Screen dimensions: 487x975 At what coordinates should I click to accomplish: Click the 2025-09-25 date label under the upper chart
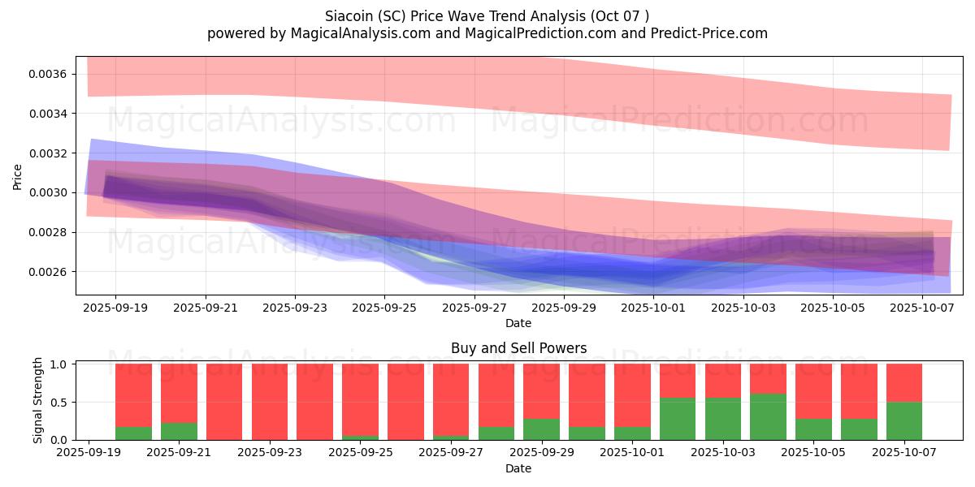pyautogui.click(x=384, y=308)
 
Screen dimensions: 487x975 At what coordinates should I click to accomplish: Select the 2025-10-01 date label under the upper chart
pyautogui.click(x=653, y=308)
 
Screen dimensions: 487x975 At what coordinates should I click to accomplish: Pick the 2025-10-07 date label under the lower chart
pyautogui.click(x=904, y=454)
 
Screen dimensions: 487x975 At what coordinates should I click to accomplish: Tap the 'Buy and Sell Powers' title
pyautogui.click(x=518, y=348)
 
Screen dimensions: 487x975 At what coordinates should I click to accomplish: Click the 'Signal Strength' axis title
pyautogui.click(x=38, y=400)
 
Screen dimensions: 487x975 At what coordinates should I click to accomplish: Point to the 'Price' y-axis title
pyautogui.click(x=18, y=176)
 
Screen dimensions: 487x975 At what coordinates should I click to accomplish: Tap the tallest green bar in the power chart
pyautogui.click(x=768, y=416)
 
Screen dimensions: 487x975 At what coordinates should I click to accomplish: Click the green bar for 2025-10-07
pyautogui.click(x=904, y=420)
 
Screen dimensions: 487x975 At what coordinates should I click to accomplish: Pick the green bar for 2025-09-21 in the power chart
pyautogui.click(x=179, y=431)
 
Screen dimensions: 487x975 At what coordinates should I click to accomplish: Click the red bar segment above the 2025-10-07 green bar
pyautogui.click(x=904, y=382)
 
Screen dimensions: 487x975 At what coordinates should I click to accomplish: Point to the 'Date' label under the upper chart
pyautogui.click(x=518, y=323)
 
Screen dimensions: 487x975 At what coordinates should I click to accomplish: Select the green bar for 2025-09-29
pyautogui.click(x=541, y=429)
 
